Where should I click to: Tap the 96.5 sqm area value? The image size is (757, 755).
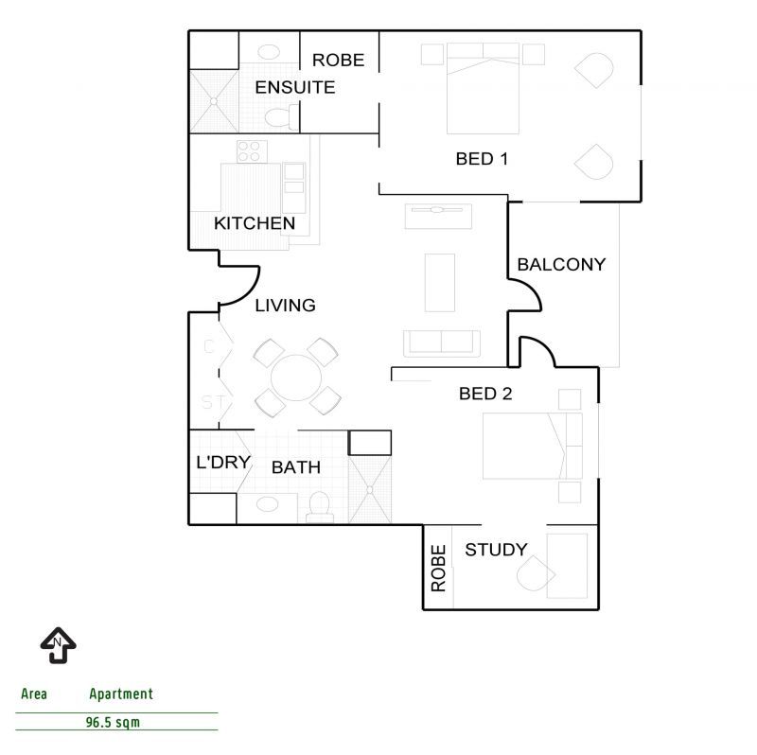coord(119,722)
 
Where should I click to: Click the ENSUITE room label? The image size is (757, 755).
coord(295,87)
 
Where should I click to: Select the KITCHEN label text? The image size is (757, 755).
coord(255,224)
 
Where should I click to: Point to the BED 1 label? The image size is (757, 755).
coord(483,159)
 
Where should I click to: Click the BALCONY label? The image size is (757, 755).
coord(561,265)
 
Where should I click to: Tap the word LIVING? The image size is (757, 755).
coord(285,306)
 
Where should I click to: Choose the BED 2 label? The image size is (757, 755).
coord(485,395)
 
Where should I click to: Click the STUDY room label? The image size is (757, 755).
coord(496,550)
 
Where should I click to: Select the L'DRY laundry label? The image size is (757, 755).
coord(222,464)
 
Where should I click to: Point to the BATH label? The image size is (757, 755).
coord(296,467)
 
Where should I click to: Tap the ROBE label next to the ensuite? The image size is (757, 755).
coord(338,60)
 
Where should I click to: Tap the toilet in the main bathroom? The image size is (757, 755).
coord(319,507)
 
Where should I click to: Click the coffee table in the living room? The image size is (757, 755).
coord(439,282)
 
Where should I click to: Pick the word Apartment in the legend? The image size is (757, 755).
coord(121,694)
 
